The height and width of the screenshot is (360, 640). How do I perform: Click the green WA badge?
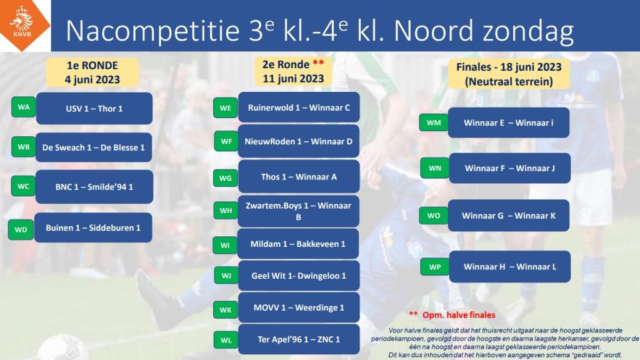[24, 107]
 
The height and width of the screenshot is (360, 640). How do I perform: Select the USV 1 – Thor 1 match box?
[94, 109]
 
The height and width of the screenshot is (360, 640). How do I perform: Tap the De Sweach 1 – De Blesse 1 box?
[94, 147]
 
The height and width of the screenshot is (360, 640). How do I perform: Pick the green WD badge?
[21, 229]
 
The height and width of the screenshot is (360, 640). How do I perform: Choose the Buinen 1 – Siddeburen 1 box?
[93, 227]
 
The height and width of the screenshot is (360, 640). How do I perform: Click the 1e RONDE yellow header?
[92, 72]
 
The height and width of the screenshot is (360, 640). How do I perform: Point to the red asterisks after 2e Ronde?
[318, 63]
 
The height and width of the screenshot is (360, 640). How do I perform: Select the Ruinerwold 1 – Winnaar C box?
[299, 107]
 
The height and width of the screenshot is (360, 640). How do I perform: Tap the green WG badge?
[225, 178]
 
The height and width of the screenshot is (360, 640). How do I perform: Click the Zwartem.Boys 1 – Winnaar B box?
[298, 211]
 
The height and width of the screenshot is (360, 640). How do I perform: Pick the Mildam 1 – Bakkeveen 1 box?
[298, 244]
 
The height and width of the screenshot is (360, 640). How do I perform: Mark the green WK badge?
[226, 310]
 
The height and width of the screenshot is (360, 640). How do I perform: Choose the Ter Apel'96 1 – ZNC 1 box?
[299, 339]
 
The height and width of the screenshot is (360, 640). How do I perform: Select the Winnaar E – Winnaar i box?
[509, 123]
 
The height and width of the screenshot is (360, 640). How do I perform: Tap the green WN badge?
[435, 168]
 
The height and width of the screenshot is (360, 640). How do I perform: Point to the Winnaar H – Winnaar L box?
[510, 267]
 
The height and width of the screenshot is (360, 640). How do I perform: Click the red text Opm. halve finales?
[459, 315]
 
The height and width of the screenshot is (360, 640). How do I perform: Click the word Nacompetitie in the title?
[152, 31]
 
